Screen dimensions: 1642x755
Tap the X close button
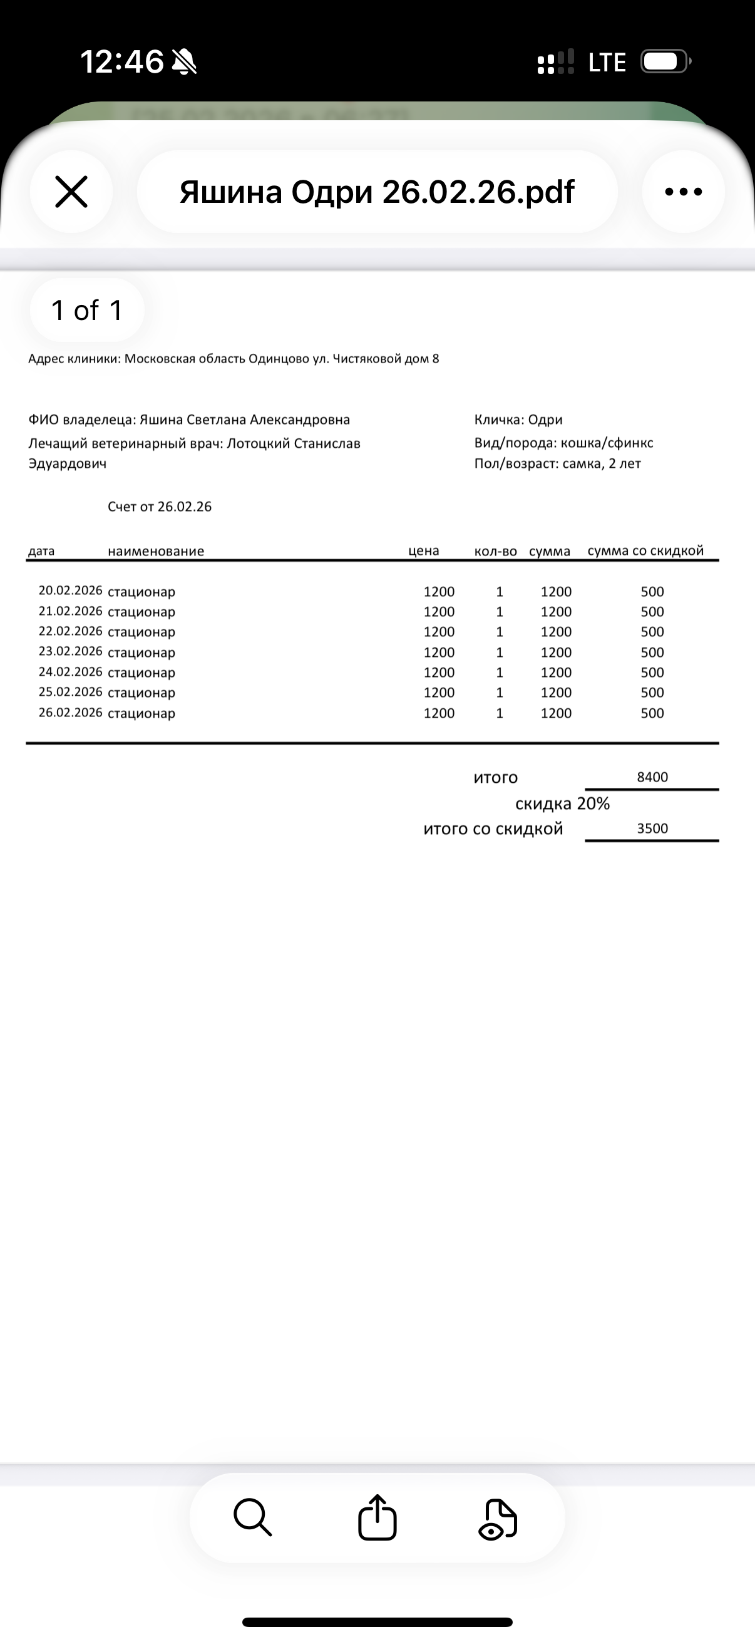click(x=71, y=192)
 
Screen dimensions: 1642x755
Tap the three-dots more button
click(x=683, y=192)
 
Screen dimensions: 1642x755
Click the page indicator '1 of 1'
click(x=86, y=311)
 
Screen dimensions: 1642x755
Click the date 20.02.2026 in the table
click(x=70, y=591)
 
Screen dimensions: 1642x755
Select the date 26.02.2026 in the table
click(x=70, y=713)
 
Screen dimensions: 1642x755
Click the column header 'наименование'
click(x=156, y=551)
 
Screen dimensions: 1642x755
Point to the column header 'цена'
click(x=424, y=550)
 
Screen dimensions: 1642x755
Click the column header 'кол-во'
click(x=496, y=551)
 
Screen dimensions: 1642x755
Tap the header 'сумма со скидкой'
click(x=645, y=550)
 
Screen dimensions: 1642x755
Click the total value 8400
click(x=652, y=777)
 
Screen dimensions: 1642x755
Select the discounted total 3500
click(x=652, y=829)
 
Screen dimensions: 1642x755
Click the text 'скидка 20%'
click(x=563, y=804)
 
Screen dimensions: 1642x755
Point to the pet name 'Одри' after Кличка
click(x=545, y=420)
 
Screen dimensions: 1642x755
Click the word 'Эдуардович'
click(x=68, y=464)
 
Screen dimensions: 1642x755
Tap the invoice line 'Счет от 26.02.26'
click(x=159, y=507)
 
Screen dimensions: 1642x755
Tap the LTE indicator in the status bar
click(x=607, y=63)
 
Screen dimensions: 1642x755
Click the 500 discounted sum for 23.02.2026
click(x=652, y=652)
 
